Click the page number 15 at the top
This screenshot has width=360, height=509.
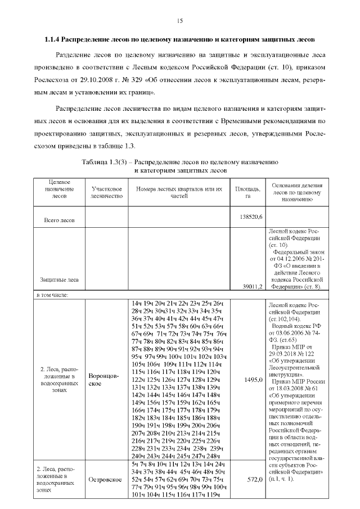(x=180, y=21)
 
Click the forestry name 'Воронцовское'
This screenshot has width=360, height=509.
(x=106, y=379)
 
